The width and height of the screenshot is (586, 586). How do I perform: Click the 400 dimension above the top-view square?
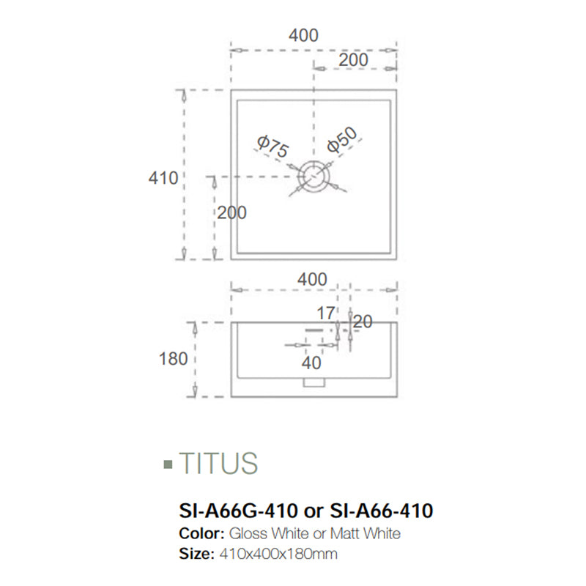coord(303,35)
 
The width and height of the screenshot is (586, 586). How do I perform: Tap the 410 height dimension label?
coord(163,177)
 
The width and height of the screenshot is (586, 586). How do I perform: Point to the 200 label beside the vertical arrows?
coord(231,212)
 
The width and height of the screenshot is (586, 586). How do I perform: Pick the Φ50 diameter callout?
coord(342,140)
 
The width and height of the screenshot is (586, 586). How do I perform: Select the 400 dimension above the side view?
coord(312,279)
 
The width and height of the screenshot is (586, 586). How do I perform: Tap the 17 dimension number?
coord(325,314)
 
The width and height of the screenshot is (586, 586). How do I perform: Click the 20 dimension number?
coord(362,321)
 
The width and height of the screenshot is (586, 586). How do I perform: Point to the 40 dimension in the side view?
coord(312,362)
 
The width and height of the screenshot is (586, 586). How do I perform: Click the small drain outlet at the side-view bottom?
coord(314,382)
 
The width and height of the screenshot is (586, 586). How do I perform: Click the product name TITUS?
coord(218,464)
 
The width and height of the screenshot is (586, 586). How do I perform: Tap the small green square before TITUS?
coord(168,464)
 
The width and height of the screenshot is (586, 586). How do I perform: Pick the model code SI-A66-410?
coord(381,510)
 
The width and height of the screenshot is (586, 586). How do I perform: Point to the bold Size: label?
coord(196,555)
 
